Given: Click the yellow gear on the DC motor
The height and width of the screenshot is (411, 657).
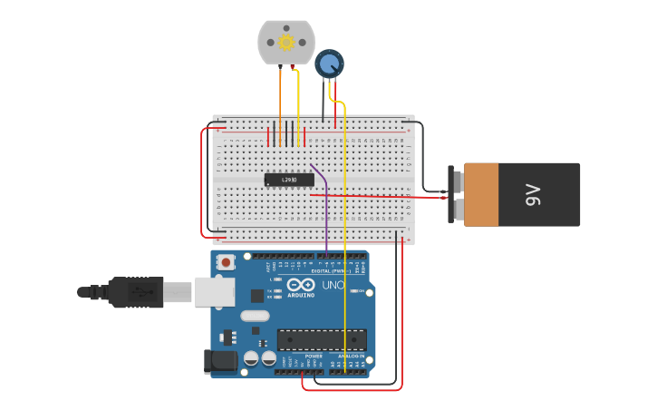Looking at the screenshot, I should coord(286,42).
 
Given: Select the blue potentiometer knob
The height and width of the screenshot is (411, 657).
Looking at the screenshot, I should coord(329,64).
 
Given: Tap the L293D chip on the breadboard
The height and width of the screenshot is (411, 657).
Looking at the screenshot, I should coord(289,180).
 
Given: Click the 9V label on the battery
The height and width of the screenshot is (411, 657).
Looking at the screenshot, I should coord(534,194).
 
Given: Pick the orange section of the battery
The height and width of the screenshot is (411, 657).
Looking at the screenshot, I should coord(481,194).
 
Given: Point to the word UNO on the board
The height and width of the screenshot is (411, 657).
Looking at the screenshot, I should coord(333,285).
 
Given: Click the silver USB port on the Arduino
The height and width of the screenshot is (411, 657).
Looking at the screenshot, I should coord(214,291).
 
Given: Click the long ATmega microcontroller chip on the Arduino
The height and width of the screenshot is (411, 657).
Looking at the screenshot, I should coord(322,339).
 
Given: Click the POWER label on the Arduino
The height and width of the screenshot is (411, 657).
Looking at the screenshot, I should coord(314,357).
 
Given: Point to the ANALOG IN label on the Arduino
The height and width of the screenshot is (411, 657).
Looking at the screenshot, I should coord(352,357).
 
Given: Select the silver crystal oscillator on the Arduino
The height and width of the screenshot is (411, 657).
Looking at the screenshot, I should coord(255,316).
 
